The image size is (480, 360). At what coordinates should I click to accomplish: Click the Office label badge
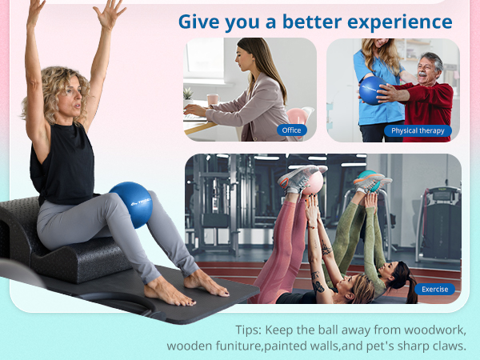coord(292,130)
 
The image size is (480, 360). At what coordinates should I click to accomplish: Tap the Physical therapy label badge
coord(418,130)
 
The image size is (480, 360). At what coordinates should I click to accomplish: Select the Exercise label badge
coord(435,289)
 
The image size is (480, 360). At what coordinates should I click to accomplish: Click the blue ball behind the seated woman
coord(130,204)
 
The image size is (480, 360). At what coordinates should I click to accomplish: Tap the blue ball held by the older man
coord(374,90)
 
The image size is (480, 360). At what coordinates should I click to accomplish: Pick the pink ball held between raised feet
coord(313,181)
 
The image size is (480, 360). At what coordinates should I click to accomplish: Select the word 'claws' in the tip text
coord(446,346)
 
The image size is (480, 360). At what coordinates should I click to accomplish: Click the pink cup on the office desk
coord(213,100)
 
